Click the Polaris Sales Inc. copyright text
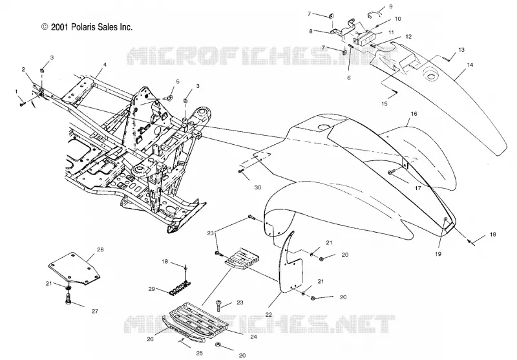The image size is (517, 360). coord(87,27)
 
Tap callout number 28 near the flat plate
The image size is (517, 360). coord(100,249)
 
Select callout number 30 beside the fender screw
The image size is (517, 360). coord(258,187)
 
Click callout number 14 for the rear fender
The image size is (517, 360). coord(470,65)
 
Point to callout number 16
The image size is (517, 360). coord(414,114)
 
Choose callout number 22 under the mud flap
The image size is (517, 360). coord(269,315)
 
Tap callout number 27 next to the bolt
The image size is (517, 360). coord(95,311)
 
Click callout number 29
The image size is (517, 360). coord(152,289)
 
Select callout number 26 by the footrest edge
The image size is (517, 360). coord(151,339)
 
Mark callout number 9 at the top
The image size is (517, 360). coord(391,6)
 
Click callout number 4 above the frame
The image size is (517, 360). coord(105,65)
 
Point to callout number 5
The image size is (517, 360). coord(178,81)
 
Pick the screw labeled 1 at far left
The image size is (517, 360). coord(22,104)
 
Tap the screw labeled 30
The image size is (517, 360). coord(240,171)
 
